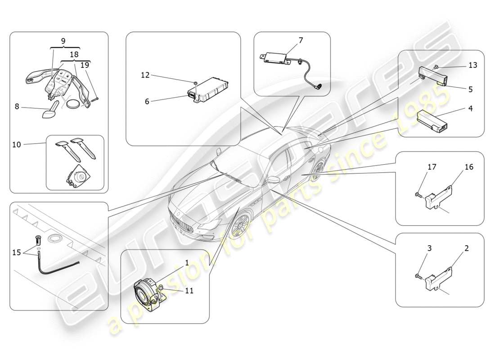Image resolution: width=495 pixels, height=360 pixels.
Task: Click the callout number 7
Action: pyautogui.click(x=301, y=40)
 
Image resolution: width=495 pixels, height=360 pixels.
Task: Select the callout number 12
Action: pyautogui.click(x=145, y=75)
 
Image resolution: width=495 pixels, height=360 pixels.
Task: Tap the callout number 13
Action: pyautogui.click(x=472, y=65)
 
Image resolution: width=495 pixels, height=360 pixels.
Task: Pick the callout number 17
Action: pyautogui.click(x=432, y=167)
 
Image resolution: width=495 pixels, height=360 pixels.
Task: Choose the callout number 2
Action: pyautogui.click(x=467, y=248)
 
